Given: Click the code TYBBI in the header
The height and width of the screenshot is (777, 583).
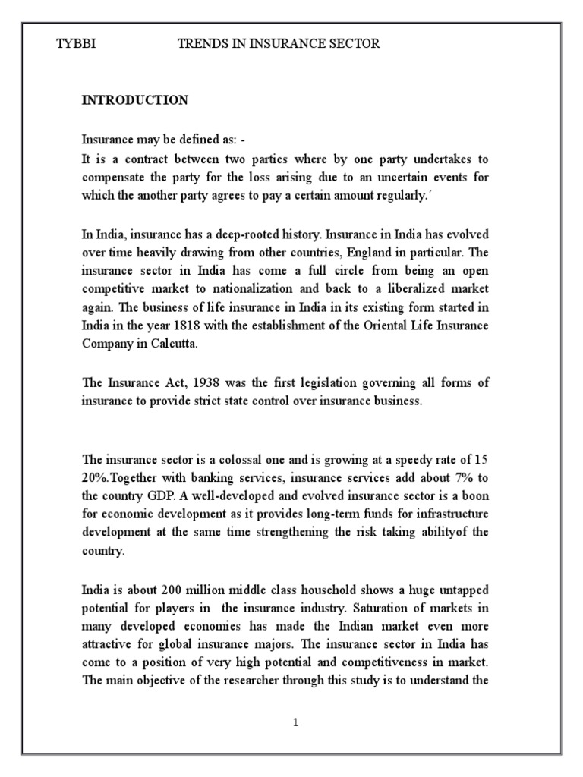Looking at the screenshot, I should pos(77,45).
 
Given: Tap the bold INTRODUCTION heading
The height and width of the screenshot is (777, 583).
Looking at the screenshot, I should pos(135,100).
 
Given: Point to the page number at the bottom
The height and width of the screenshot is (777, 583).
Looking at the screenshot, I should pos(295,723).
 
